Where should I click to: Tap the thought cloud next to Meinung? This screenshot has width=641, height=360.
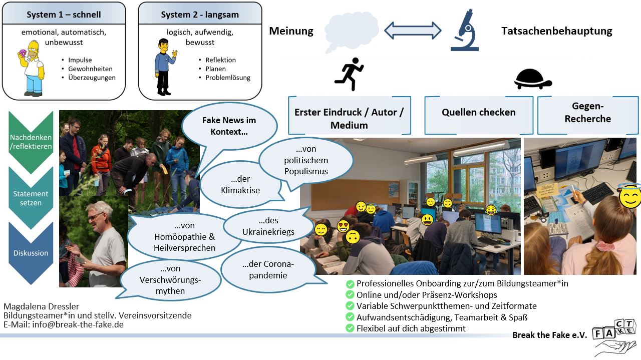click(x=352, y=32)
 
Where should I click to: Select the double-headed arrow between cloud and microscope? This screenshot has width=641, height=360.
click(x=413, y=31)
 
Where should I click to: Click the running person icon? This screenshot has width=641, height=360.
click(x=349, y=74)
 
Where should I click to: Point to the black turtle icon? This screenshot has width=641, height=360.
click(x=533, y=79)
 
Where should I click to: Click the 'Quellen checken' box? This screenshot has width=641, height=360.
click(x=479, y=115)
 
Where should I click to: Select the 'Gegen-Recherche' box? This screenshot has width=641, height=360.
click(x=588, y=115)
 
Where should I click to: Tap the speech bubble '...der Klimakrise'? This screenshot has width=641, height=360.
click(x=240, y=185)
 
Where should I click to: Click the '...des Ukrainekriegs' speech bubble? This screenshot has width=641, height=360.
click(x=268, y=226)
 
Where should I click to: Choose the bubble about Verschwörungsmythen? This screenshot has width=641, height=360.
click(x=170, y=280)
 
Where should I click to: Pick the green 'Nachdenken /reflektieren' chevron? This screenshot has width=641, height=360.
click(x=31, y=142)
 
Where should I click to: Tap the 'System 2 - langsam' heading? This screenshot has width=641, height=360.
click(x=200, y=15)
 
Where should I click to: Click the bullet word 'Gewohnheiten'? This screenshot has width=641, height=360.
click(x=90, y=69)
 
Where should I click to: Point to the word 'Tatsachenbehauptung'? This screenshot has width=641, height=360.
click(x=556, y=31)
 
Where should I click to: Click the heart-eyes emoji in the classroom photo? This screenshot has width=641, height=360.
click(x=343, y=226)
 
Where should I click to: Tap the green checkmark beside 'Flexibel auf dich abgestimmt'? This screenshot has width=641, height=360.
click(x=350, y=328)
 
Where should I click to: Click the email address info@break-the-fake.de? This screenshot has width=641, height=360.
click(x=78, y=324)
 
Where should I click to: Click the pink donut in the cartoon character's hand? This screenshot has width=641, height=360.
click(x=23, y=54)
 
